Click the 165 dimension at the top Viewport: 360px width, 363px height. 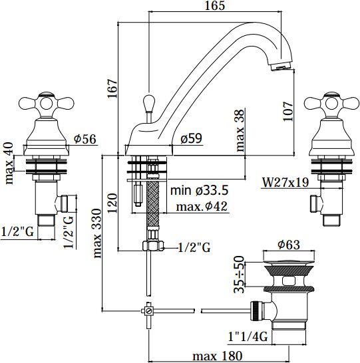[215, 5]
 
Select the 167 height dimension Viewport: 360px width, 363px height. [113, 88]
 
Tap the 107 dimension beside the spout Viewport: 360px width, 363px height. [288, 111]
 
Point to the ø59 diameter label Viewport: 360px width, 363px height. [191, 138]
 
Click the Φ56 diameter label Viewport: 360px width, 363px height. [85, 139]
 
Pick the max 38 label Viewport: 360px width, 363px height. [240, 130]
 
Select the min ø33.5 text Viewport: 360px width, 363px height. [199, 190]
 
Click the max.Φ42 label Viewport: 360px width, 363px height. [202, 206]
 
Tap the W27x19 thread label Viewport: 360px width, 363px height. [285, 182]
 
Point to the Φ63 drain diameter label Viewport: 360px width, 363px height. [289, 245]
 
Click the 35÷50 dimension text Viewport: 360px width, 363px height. [240, 275]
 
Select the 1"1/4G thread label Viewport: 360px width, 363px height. [248, 336]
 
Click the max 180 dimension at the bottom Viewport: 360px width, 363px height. [217, 356]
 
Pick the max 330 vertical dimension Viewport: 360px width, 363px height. [97, 233]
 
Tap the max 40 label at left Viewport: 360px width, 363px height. [9, 164]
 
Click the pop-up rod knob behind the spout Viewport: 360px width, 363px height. [148, 102]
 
